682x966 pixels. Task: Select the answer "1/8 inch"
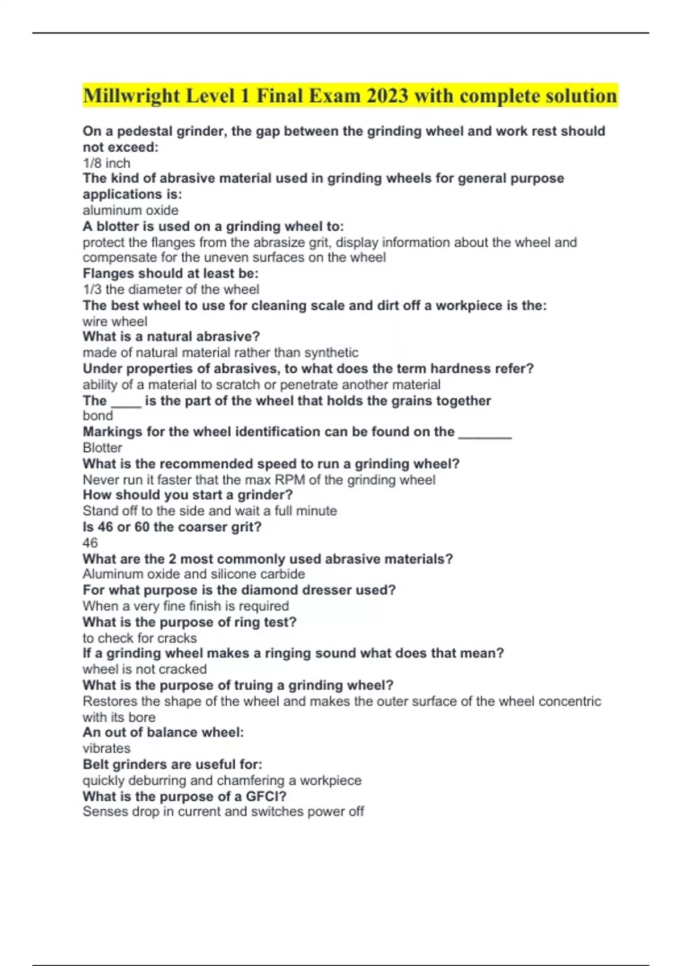106,163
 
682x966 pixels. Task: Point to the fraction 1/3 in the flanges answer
92,289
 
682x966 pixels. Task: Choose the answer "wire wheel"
115,321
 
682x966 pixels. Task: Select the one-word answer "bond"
98,416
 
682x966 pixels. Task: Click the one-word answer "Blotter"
102,448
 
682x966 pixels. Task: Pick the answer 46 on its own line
90,543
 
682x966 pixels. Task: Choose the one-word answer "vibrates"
106,748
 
